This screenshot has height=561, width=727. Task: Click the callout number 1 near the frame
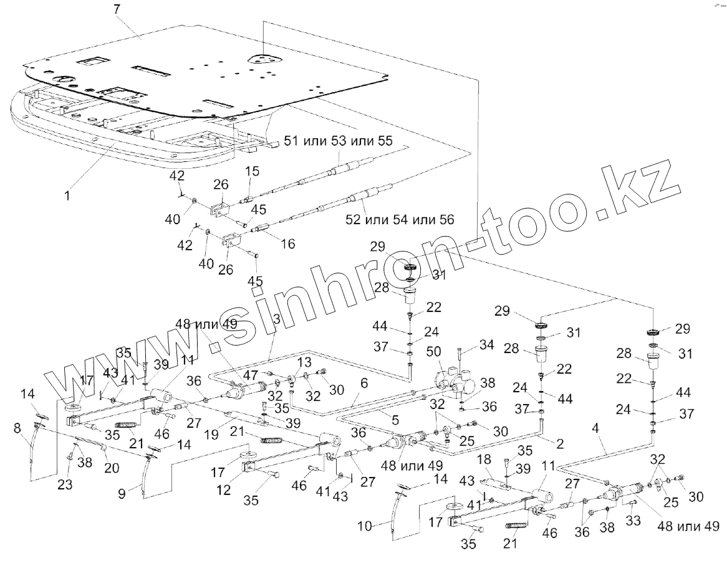click(68, 194)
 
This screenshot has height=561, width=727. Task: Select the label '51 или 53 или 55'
click(339, 141)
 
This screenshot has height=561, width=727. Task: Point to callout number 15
click(251, 171)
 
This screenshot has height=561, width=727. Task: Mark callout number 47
click(250, 374)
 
